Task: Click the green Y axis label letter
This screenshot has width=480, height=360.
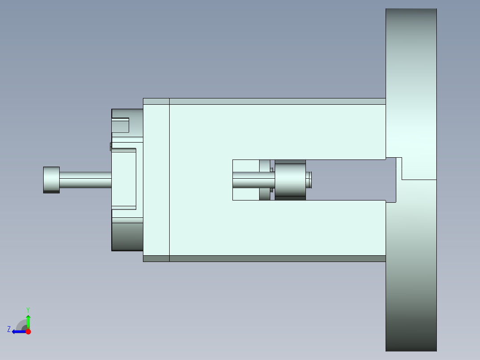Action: tap(28, 309)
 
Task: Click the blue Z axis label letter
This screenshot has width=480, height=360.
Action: tap(9, 329)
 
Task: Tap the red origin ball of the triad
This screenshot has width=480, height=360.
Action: tap(28, 331)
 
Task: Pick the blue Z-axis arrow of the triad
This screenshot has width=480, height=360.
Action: tap(18, 331)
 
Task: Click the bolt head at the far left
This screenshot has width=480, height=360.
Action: tap(51, 180)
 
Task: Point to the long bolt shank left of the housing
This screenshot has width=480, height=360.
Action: tap(85, 180)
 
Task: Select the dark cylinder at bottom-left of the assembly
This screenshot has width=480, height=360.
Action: tap(127, 237)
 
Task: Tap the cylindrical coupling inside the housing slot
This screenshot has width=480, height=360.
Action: tap(290, 180)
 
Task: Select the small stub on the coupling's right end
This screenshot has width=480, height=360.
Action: tap(309, 180)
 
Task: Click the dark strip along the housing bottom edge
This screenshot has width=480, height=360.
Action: tap(276, 258)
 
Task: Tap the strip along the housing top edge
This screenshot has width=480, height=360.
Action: tap(276, 101)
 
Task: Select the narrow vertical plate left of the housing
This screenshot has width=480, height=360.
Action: tap(156, 180)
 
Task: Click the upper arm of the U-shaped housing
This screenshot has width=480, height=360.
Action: tap(276, 131)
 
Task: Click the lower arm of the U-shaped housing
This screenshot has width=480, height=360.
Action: tap(276, 227)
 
